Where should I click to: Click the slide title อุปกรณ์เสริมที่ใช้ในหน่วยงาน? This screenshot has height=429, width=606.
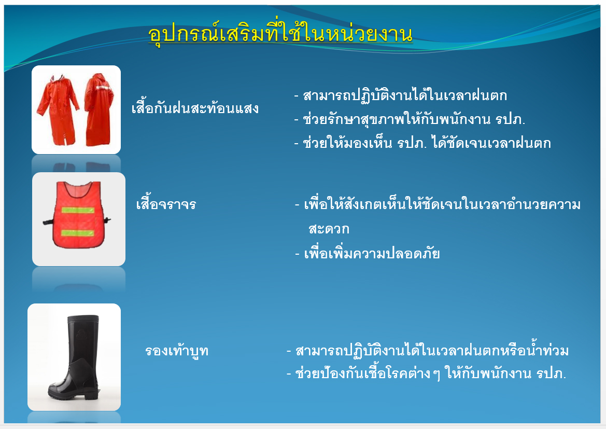(280, 35)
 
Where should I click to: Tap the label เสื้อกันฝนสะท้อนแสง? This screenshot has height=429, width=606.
(195, 108)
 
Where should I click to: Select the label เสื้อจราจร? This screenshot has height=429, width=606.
(166, 203)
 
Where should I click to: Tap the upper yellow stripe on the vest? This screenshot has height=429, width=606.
(78, 211)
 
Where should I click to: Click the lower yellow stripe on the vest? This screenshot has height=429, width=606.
(78, 233)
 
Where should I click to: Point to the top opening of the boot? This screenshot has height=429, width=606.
(83, 317)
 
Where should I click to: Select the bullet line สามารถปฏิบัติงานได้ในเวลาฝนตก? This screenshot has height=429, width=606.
(400, 95)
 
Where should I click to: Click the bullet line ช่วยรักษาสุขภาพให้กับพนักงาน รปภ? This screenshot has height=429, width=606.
(410, 119)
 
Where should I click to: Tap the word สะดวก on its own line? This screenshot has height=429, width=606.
(329, 229)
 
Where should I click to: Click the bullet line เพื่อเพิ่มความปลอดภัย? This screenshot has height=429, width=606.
(368, 254)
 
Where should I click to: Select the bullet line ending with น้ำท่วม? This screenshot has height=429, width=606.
(428, 351)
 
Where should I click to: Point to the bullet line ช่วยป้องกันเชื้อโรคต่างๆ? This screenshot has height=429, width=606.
(426, 373)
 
